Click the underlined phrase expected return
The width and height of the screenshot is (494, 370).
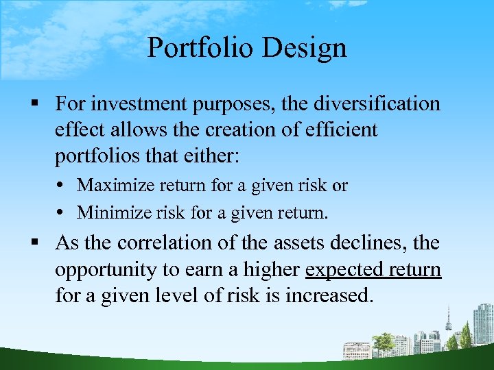(x=373, y=269)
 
